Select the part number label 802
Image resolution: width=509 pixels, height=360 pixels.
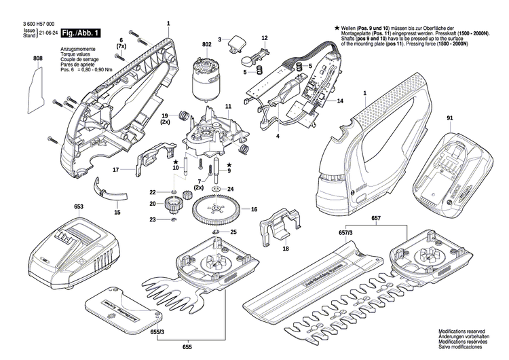point(206,46)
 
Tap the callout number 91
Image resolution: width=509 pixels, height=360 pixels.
point(449,120)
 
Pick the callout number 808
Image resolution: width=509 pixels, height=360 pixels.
point(37,60)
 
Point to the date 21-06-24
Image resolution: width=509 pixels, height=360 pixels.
point(48,32)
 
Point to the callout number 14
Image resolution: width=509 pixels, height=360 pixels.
point(340,101)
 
